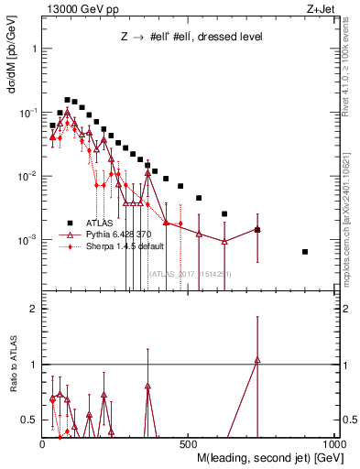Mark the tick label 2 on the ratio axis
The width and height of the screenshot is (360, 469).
[33, 309]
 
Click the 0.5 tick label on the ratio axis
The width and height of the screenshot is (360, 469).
[29, 420]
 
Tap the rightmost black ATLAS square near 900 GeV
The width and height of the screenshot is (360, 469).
[305, 252]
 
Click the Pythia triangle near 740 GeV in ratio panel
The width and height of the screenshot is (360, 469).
[257, 360]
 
